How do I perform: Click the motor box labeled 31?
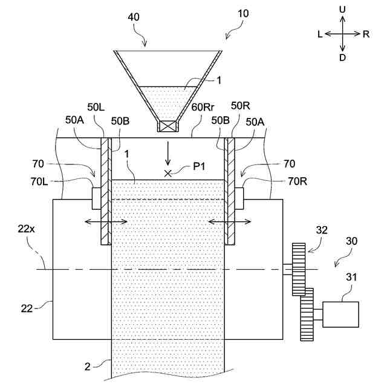pos(340,314)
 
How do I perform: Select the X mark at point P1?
pos(168,174)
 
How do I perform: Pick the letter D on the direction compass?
pos(343,57)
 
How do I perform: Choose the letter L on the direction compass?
pos(319,34)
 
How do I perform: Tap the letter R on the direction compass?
pos(366,34)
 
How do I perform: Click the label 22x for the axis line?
pos(25,229)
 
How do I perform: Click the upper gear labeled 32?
pos(299,269)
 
